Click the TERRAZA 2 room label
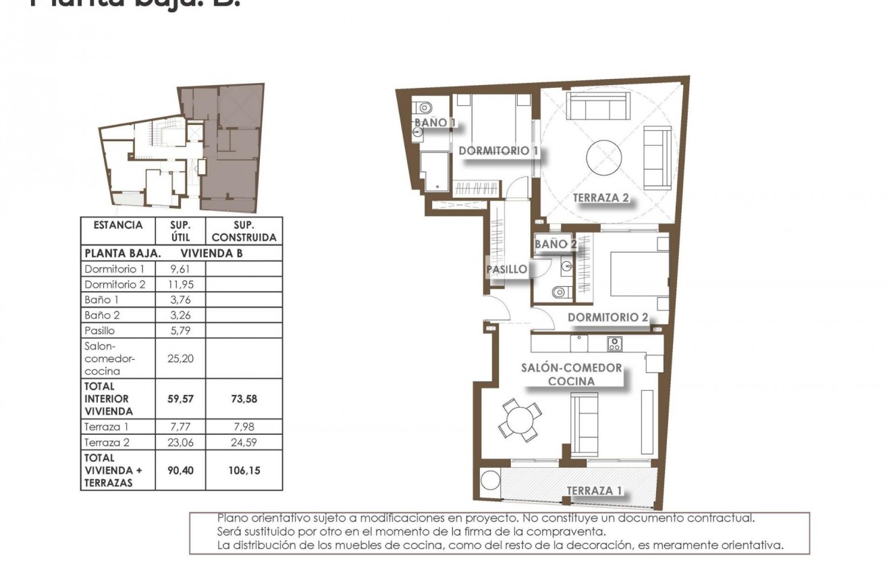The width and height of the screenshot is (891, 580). click(601, 198)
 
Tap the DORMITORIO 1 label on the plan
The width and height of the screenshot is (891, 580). click(498, 151)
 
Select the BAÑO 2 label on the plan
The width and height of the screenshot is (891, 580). click(556, 244)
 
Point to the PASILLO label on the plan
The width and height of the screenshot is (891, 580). click(507, 269)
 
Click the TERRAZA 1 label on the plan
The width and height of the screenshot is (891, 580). click(594, 490)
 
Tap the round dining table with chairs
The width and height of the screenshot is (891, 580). click(519, 419)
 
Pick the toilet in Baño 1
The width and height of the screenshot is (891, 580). click(424, 107)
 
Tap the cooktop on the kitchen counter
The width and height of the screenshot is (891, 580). click(614, 344)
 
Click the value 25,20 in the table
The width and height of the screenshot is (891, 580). click(180, 358)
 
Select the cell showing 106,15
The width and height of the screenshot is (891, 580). click(244, 470)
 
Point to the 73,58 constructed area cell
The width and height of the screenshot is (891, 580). click(244, 398)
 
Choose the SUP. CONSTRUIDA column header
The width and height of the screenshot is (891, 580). click(244, 231)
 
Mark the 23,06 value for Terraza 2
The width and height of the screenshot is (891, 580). click(180, 442)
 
